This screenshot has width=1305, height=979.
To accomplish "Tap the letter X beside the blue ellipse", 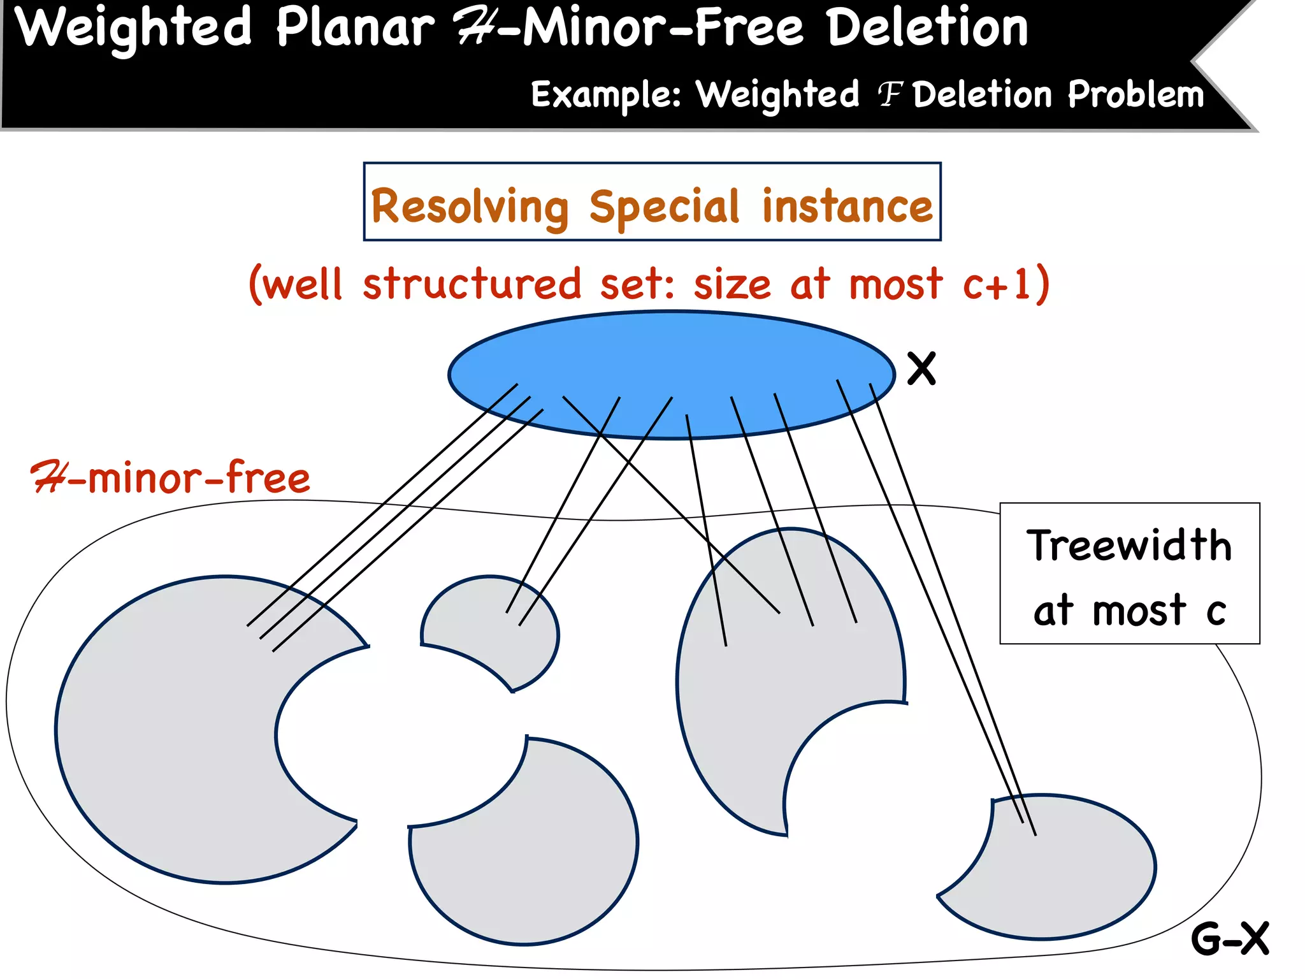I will [921, 368].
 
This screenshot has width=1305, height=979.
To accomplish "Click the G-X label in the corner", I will [1230, 938].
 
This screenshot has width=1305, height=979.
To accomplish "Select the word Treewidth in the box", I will [1129, 546].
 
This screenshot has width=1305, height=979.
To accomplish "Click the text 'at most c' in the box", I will [1129, 610].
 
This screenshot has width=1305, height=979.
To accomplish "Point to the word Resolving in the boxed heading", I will [470, 207].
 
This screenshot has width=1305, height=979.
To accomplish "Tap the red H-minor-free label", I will [171, 478].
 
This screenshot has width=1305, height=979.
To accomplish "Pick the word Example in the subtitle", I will [605, 96].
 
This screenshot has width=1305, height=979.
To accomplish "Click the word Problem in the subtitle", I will [1136, 95].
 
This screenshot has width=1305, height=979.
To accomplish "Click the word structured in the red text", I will [472, 284].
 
